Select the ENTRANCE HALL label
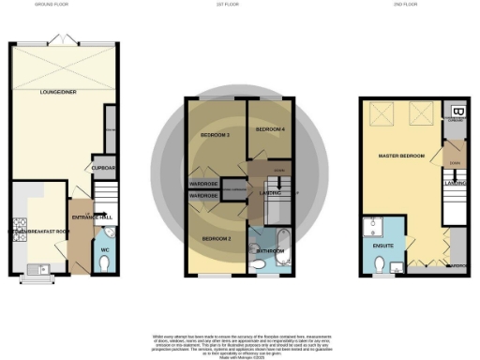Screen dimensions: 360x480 (94, 217)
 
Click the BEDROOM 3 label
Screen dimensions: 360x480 (215, 137)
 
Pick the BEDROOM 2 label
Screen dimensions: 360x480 (217, 239)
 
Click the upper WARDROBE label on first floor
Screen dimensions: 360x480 (204, 183)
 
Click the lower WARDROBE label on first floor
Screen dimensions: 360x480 (204, 196)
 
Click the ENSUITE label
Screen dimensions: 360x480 (383, 246)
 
